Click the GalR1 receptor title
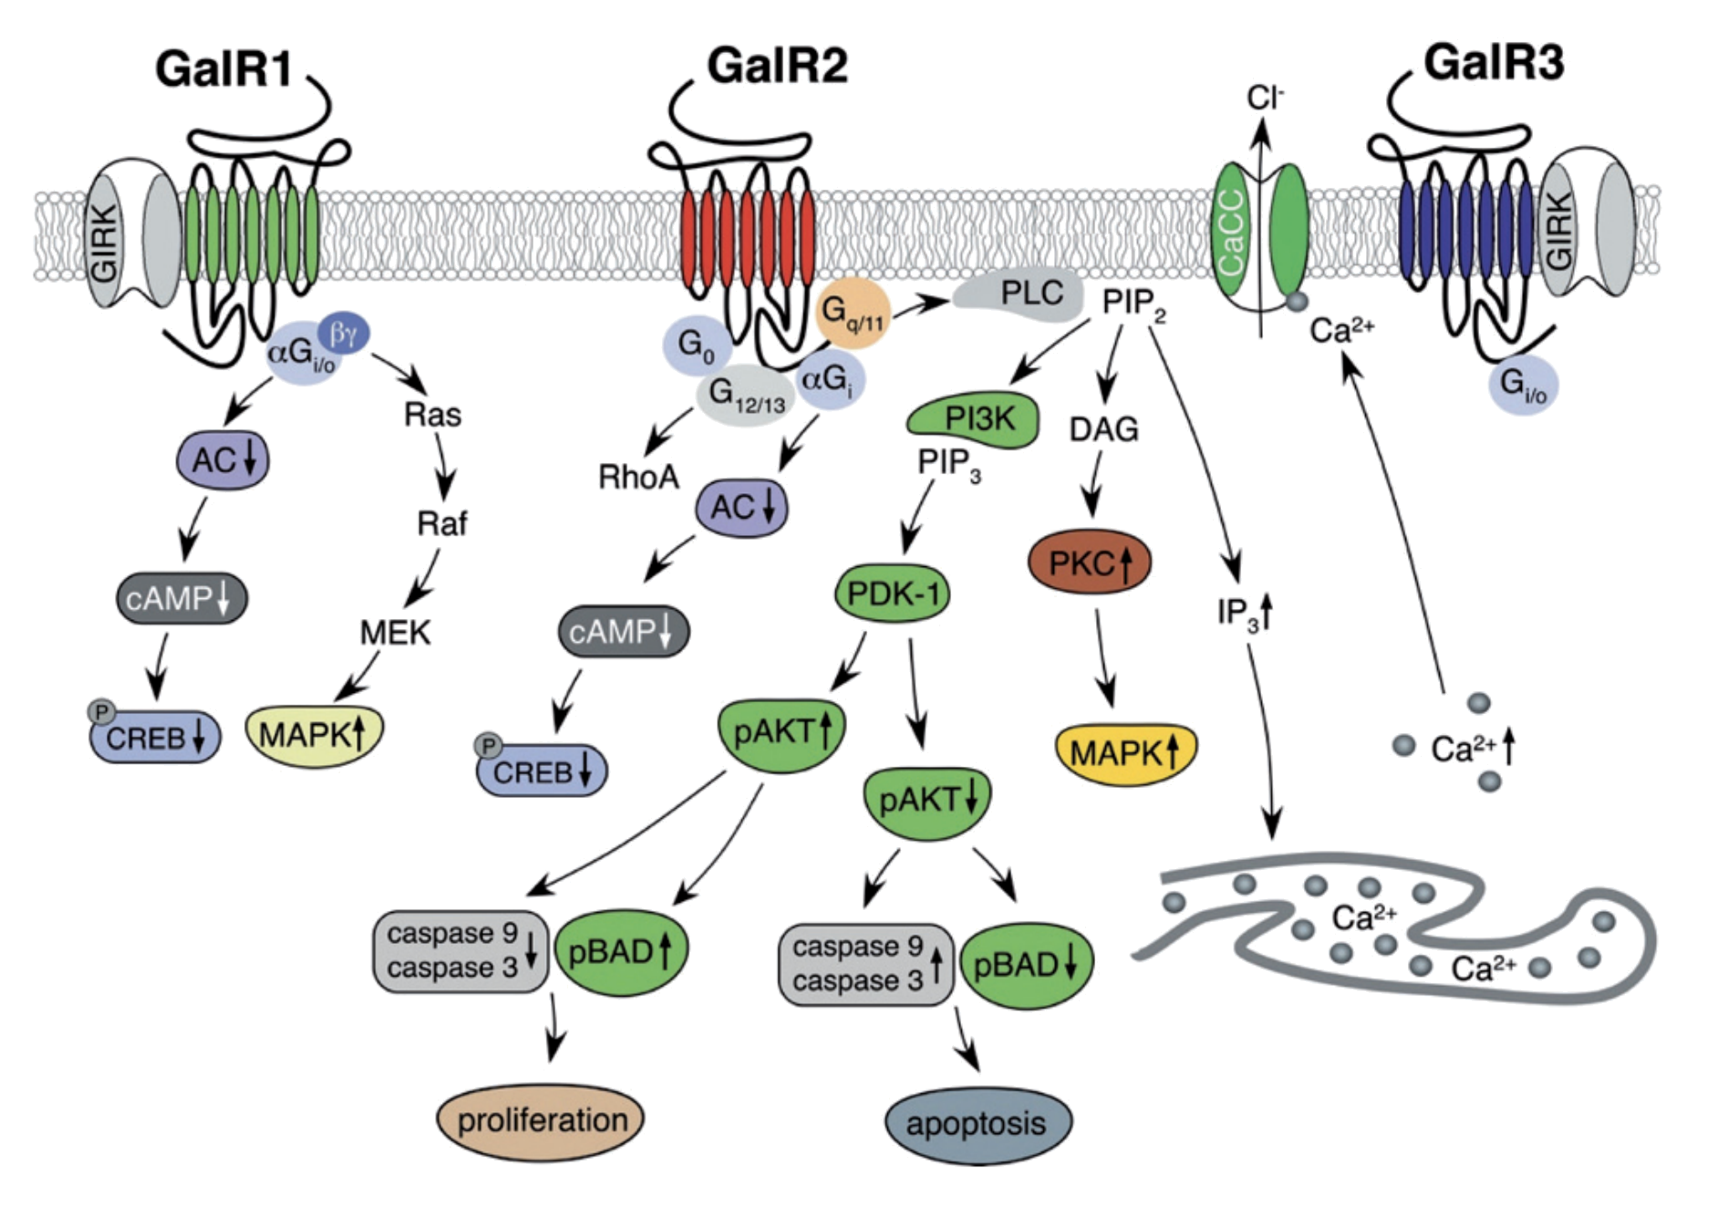coord(223,68)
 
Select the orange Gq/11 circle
coord(852,313)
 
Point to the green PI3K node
coord(975,419)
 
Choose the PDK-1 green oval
coord(892,594)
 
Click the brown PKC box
coord(1089,563)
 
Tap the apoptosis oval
coord(977,1123)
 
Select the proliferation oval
coord(541,1120)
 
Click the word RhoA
coord(638,476)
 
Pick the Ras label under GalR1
coord(432,415)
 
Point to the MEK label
coord(395,632)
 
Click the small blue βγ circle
coord(343,334)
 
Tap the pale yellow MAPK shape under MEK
coord(314,734)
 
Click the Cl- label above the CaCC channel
coord(1265,97)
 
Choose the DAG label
coord(1103,429)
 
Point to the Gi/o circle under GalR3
coord(1522,385)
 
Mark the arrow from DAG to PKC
coord(1092,483)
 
